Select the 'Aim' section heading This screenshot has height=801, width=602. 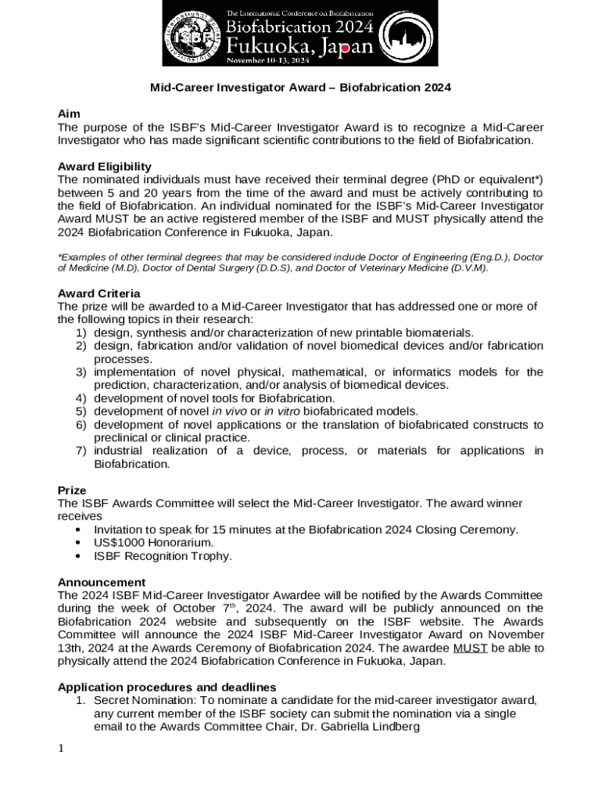click(69, 113)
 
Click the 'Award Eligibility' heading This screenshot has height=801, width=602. click(105, 167)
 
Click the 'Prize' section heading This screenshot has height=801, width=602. click(72, 490)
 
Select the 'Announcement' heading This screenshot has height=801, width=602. click(102, 582)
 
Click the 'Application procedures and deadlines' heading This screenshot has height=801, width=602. click(167, 687)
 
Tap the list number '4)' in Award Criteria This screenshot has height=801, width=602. click(81, 398)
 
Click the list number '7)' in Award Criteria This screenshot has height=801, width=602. click(81, 451)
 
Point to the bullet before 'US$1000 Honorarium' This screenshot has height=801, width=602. click(79, 543)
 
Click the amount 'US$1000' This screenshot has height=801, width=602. click(116, 543)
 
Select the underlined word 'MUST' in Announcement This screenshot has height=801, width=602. click(470, 648)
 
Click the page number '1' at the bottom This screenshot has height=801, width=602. click(61, 749)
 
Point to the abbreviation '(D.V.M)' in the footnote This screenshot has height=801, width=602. click(465, 268)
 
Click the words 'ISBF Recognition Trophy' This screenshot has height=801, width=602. click(163, 556)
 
